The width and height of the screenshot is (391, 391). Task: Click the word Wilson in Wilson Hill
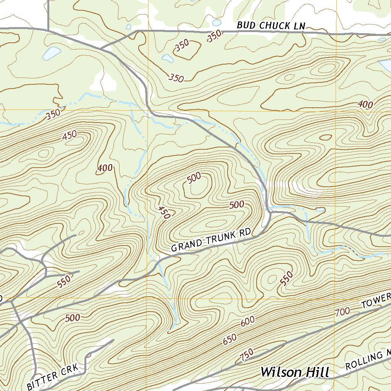[281, 372]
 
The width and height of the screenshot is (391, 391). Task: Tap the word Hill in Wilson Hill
[316, 372]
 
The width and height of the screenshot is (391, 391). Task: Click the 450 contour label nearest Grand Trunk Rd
[164, 212]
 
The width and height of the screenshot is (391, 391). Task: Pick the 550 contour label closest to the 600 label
[286, 278]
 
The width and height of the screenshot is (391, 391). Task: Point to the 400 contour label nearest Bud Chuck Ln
[366, 104]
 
